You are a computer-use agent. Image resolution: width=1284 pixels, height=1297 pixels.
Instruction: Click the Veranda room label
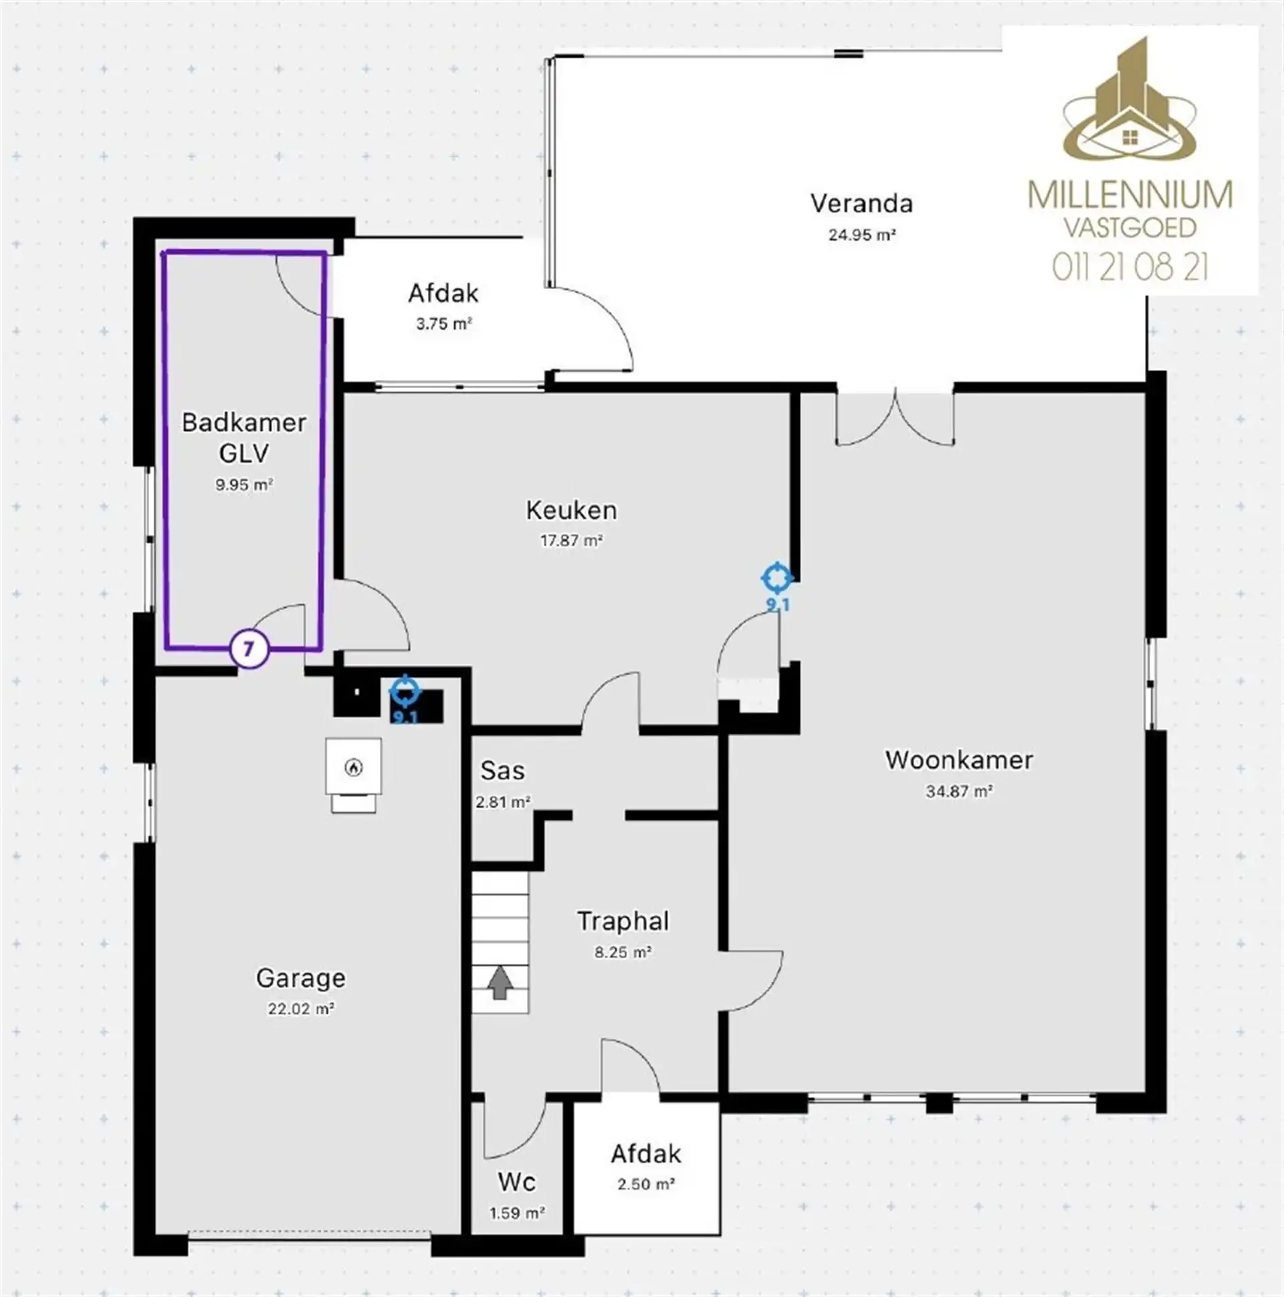click(x=861, y=203)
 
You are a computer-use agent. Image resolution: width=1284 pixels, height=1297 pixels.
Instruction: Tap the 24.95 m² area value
click(x=862, y=235)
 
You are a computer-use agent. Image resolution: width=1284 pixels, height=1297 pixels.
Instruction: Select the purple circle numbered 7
click(x=249, y=650)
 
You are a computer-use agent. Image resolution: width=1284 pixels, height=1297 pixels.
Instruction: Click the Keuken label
click(x=571, y=510)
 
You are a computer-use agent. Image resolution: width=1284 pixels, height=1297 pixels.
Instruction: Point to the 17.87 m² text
click(x=571, y=540)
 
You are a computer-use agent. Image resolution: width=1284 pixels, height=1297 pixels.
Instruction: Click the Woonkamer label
click(x=958, y=760)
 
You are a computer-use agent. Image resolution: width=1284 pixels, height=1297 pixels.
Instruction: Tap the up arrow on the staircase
click(x=500, y=983)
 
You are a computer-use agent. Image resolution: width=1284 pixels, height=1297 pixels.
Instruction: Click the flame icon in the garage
click(x=354, y=767)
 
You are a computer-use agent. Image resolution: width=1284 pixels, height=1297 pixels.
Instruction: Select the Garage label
click(x=301, y=978)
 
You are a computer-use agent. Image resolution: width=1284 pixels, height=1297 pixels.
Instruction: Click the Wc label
click(x=516, y=1181)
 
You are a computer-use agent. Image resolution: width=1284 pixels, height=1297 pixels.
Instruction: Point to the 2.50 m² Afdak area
click(x=646, y=1184)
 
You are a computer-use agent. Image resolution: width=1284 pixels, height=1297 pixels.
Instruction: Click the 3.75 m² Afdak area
click(x=443, y=324)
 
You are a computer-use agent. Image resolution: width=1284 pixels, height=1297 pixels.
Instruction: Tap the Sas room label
click(x=502, y=771)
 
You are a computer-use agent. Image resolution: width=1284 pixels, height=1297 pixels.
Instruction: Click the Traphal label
click(x=623, y=921)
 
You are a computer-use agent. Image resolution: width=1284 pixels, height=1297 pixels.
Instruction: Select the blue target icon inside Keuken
click(x=777, y=577)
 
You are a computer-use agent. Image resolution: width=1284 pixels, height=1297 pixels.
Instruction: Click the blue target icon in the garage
click(x=405, y=691)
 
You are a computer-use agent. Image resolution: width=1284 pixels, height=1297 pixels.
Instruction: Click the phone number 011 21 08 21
click(x=1130, y=268)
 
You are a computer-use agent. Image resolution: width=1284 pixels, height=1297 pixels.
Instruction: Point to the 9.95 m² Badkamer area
click(x=243, y=485)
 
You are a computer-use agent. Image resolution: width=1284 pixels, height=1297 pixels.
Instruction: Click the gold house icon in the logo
click(x=1130, y=138)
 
